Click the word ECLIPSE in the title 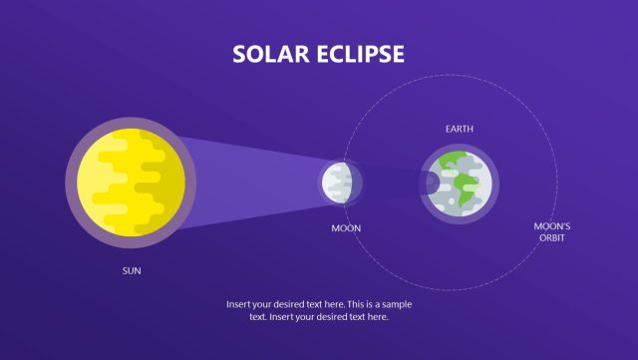(357, 54)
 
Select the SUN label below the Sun (132, 270)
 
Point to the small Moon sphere (339, 182)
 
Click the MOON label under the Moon (346, 228)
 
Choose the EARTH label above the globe (460, 130)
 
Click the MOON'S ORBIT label (552, 232)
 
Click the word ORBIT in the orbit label (552, 238)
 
